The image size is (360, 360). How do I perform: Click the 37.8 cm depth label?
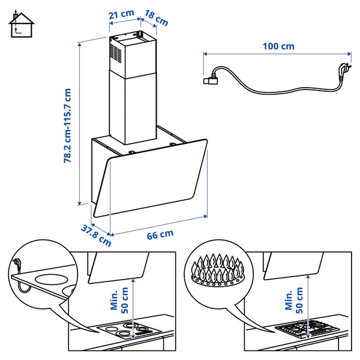(96, 235)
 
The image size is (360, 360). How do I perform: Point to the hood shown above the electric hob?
(118, 266)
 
